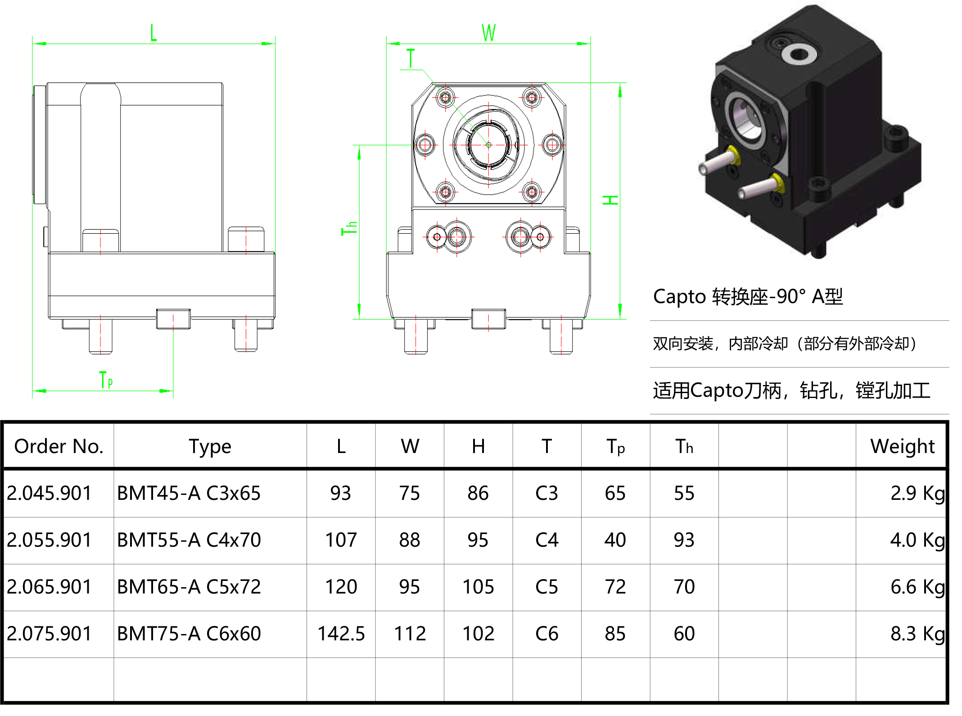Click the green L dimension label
tap(154, 33)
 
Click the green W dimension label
tap(488, 33)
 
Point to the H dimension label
tap(610, 200)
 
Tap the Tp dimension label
tap(106, 380)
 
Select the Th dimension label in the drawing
tap(349, 228)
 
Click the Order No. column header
tap(59, 446)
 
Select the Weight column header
tap(902, 446)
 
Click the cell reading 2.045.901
tap(50, 493)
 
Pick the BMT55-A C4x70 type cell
tap(189, 540)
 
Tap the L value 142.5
tap(341, 634)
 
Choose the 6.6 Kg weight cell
tap(917, 587)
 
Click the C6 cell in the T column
tap(546, 634)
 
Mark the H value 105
tap(478, 587)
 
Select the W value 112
tap(410, 634)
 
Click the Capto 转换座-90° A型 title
tap(748, 296)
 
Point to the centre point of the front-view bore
tap(488, 145)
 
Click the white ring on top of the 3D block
tap(799, 54)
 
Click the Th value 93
tap(684, 540)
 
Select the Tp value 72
tap(615, 587)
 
